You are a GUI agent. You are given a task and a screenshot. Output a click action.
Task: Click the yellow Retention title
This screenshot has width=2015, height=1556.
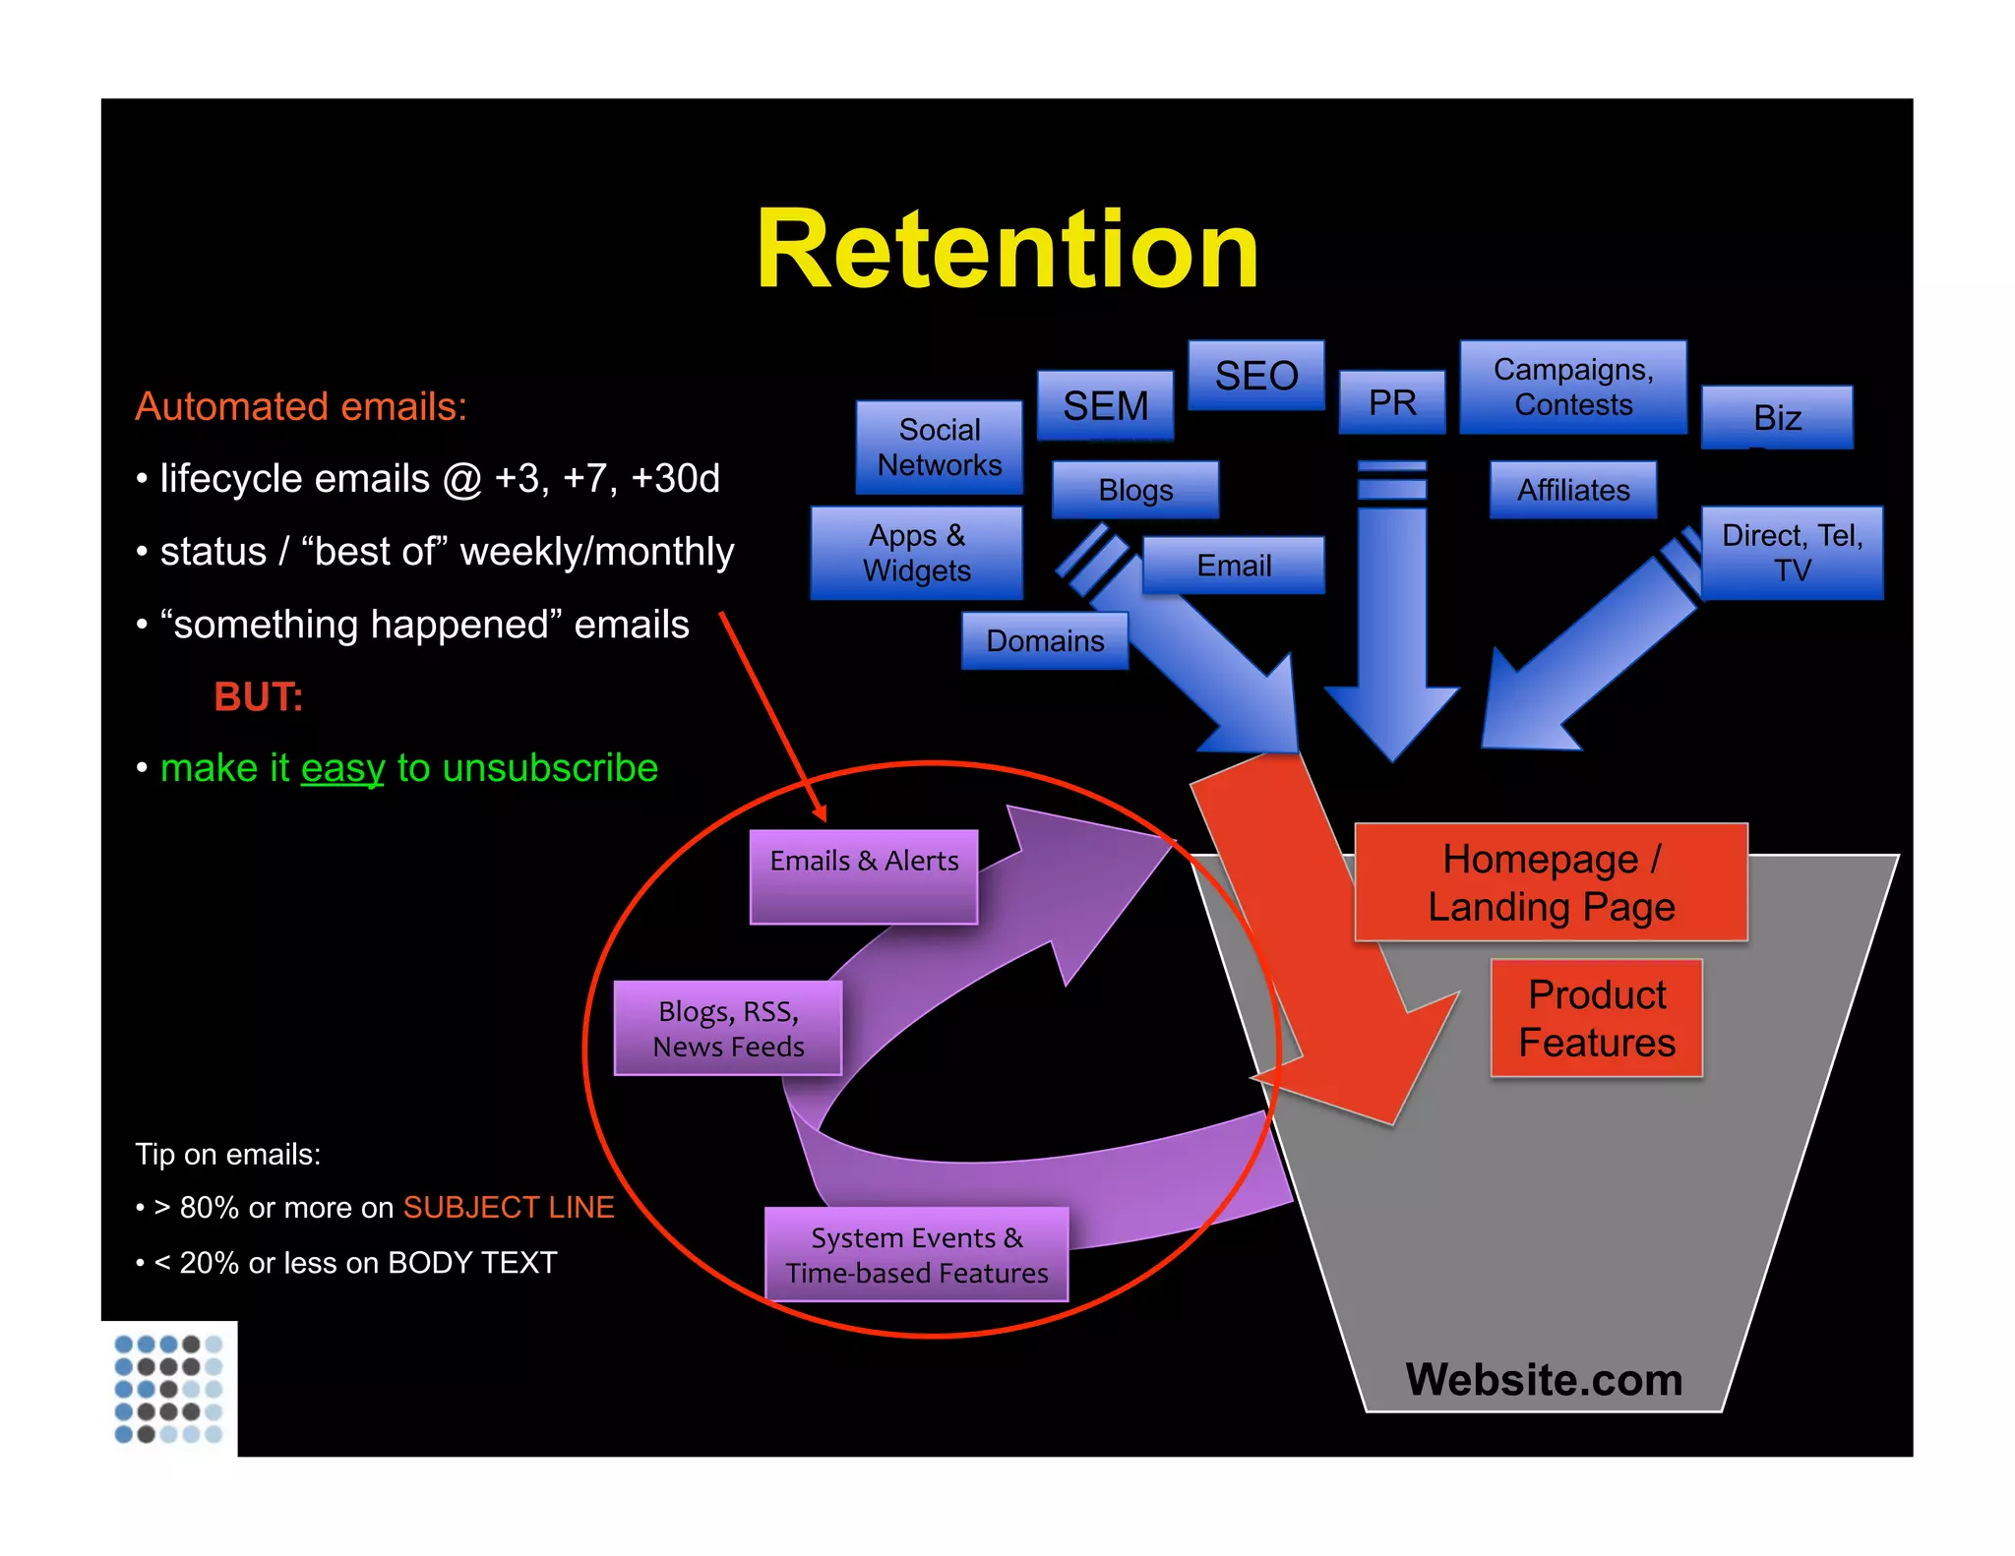(1007, 250)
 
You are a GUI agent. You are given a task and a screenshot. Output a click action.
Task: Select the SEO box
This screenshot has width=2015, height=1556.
(1255, 376)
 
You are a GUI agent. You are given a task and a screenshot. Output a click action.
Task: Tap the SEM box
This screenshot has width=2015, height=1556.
(1105, 405)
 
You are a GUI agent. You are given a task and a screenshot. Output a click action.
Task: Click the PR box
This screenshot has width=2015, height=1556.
(1391, 402)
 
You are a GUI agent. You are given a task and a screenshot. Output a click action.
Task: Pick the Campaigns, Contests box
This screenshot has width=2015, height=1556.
(1572, 387)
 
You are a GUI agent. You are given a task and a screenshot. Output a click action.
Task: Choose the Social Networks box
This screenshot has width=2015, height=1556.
(939, 448)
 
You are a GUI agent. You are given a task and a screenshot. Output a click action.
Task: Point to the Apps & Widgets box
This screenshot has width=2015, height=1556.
(916, 553)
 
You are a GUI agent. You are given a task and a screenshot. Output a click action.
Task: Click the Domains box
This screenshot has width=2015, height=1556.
(1044, 641)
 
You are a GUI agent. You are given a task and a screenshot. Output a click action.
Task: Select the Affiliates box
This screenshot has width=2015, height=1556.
(1572, 490)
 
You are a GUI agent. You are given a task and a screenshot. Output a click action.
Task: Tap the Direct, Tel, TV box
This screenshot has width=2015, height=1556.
(1791, 553)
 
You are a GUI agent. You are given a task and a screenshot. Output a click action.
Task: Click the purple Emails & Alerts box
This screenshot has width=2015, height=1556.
(863, 875)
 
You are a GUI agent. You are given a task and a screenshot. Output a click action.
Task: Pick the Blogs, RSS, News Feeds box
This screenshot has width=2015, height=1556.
(728, 1028)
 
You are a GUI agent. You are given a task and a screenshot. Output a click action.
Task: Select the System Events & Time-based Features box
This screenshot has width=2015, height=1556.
(916, 1254)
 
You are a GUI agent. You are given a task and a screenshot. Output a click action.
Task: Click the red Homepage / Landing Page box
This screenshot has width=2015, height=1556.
(1551, 882)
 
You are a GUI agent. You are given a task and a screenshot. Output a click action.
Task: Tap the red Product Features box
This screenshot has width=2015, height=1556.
(1596, 1018)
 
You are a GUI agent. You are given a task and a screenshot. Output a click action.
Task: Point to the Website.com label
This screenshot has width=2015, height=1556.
(1543, 1379)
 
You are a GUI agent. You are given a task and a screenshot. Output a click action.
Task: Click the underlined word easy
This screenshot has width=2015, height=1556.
(342, 768)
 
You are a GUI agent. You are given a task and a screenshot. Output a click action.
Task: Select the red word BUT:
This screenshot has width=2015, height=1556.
(258, 696)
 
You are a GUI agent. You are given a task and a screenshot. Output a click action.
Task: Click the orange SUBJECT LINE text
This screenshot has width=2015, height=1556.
(508, 1207)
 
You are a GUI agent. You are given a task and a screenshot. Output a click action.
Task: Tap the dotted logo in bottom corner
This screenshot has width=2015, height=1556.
(168, 1388)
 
